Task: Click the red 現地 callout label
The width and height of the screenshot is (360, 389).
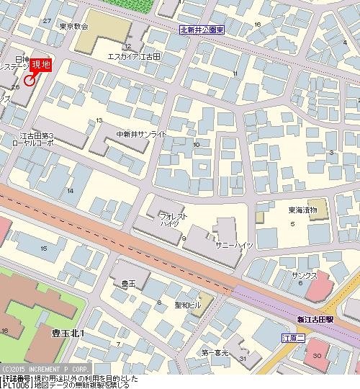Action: (x=41, y=65)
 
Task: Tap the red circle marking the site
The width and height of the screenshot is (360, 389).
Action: (x=29, y=81)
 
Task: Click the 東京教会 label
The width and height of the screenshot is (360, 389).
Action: (x=73, y=27)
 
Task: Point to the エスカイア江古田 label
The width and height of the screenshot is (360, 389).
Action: (x=132, y=55)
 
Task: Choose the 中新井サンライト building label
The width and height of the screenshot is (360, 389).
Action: (x=141, y=134)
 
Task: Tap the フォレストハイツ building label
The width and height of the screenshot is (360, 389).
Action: (x=174, y=219)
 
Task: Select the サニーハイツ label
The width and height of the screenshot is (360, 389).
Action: (x=234, y=245)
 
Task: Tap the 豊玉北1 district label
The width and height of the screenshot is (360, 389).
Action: (x=68, y=333)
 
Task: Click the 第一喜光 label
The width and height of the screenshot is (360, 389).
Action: (x=215, y=352)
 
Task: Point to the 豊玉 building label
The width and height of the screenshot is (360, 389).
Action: (x=128, y=285)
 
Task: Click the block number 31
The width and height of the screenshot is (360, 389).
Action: (x=243, y=359)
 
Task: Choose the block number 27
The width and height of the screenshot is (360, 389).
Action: (x=48, y=21)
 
